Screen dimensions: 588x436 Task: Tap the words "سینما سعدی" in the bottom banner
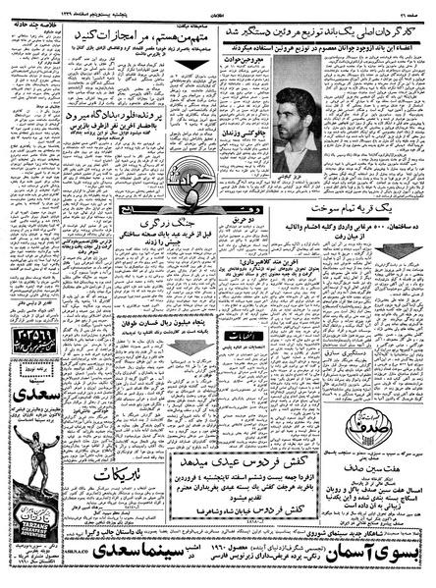click(128, 564)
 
